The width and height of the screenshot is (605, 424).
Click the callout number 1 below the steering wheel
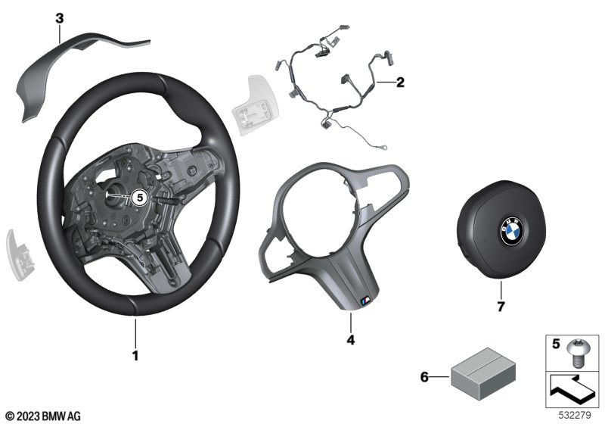[135, 355]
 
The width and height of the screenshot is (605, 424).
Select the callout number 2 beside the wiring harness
[400, 82]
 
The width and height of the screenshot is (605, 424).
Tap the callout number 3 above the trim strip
[60, 18]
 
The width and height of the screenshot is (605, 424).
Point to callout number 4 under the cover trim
[350, 340]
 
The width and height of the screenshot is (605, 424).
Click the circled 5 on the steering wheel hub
[140, 198]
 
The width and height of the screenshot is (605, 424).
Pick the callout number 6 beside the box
[424, 376]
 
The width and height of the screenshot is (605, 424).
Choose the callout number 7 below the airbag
[501, 307]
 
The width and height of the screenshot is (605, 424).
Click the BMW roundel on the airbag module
[512, 230]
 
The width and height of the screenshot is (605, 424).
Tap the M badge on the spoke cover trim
[365, 301]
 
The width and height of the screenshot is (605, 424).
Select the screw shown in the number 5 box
[576, 353]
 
